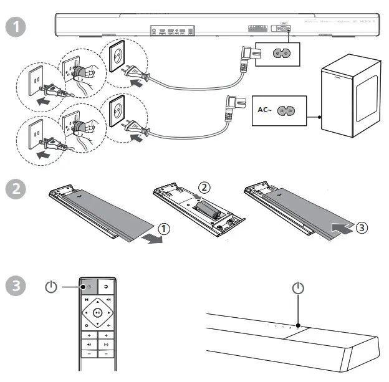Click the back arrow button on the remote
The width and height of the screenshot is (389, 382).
pyautogui.click(x=109, y=326)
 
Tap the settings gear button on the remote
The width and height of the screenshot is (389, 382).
pyautogui.click(x=86, y=326)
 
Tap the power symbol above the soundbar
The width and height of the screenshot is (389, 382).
pyautogui.click(x=299, y=288)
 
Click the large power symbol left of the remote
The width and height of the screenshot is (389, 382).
pyautogui.click(x=52, y=288)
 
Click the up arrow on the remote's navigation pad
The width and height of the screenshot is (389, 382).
pyautogui.click(x=98, y=301)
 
